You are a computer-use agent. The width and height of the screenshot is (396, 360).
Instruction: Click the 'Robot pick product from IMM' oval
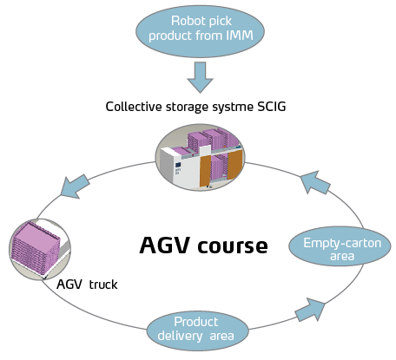[x=201, y=31]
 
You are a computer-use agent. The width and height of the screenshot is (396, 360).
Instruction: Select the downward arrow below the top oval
[x=200, y=77]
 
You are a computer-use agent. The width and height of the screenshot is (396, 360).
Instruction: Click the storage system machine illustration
[x=201, y=157]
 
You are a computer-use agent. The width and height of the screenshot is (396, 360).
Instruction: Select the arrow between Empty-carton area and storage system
[x=315, y=182]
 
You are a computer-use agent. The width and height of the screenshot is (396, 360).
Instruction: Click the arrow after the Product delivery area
[x=310, y=310]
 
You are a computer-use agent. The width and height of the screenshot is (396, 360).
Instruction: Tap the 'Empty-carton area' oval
[x=340, y=246]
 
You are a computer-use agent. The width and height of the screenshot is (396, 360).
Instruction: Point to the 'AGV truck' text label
[x=87, y=285]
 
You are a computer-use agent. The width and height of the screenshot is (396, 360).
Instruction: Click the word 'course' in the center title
[x=233, y=245]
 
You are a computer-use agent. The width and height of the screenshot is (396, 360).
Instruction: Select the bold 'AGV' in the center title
[x=165, y=245]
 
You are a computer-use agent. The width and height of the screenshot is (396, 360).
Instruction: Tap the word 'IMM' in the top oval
[x=240, y=36]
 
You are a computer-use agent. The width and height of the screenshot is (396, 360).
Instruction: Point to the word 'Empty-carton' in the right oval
[x=342, y=243]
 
